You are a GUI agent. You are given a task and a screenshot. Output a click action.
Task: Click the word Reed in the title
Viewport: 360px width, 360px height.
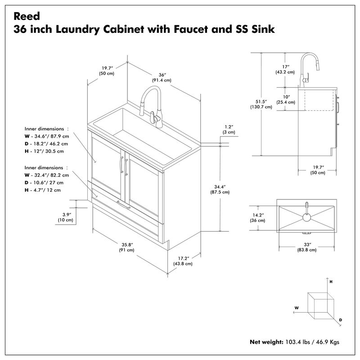(x=27, y=16)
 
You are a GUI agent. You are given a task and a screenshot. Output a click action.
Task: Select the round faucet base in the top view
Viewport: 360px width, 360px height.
(x=306, y=217)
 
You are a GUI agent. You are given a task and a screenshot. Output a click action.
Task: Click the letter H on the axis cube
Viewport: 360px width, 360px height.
(x=331, y=281)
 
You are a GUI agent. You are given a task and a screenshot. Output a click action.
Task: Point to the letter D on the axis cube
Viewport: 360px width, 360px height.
(x=341, y=319)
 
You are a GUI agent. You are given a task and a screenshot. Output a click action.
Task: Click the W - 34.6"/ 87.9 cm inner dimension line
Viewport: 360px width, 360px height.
(x=47, y=136)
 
